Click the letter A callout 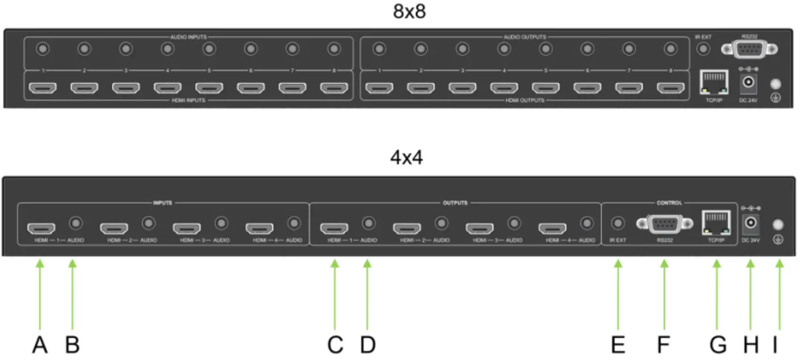click(40, 345)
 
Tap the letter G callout click(718, 345)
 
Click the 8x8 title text click(409, 12)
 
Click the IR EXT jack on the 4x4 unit click(618, 223)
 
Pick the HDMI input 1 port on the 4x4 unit click(41, 228)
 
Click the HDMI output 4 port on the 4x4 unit click(552, 228)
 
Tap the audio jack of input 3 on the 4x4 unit click(221, 223)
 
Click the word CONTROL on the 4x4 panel click(670, 202)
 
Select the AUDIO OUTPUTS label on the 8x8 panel click(525, 37)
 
